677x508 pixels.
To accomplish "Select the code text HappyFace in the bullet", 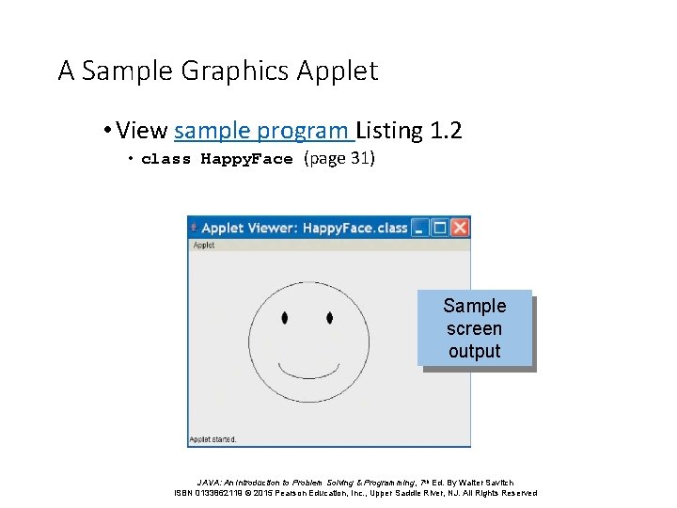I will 246,159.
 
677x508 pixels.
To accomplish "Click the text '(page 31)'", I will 338,158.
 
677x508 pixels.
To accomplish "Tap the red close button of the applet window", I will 460,228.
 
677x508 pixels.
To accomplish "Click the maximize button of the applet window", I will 440,228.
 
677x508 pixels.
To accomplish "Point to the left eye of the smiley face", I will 285,318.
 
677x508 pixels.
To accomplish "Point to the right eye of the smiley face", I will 329,318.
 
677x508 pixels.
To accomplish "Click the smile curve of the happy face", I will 307,370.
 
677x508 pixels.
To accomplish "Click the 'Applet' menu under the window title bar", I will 204,245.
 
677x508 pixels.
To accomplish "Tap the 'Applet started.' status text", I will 213,439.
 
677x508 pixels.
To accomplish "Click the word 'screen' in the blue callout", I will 474,329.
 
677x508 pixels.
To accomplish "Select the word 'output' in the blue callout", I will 474,352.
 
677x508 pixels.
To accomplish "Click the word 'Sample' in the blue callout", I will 474,306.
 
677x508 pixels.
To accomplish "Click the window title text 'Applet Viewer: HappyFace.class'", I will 304,228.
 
